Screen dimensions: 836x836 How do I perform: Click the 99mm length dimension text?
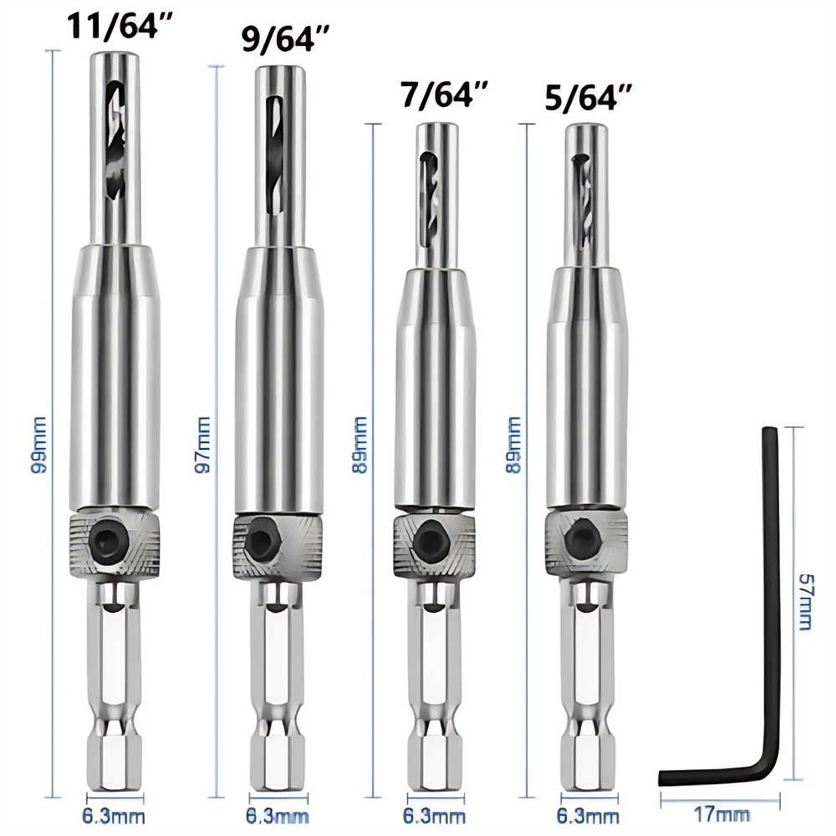[x=38, y=448]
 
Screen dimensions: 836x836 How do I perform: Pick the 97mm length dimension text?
[x=202, y=448]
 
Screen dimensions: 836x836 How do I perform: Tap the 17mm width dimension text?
[x=720, y=813]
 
